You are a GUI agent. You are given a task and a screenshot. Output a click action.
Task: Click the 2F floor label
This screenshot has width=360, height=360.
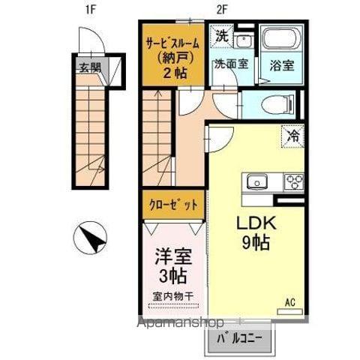tap(222, 10)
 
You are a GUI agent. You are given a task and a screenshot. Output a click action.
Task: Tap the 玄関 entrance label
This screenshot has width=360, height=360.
tap(89, 66)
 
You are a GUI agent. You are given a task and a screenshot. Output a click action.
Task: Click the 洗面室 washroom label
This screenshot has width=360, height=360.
tap(229, 64)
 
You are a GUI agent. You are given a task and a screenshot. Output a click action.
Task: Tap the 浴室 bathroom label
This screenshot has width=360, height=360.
tap(281, 64)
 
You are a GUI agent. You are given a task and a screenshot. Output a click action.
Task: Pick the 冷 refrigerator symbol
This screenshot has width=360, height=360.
tap(293, 136)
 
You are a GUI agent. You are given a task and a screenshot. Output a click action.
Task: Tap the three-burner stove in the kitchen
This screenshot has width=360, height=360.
tap(292, 181)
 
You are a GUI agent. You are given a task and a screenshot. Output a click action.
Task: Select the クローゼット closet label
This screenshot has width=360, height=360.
tap(173, 204)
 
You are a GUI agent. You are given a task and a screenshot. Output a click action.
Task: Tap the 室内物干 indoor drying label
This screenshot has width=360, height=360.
tap(173, 296)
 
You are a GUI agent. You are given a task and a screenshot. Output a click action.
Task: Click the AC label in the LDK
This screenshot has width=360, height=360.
tap(289, 302)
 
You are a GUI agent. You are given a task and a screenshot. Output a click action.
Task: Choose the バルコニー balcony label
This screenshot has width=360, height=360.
tap(240, 338)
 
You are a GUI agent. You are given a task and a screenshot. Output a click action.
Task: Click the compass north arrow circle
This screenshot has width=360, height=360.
tap(90, 240)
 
